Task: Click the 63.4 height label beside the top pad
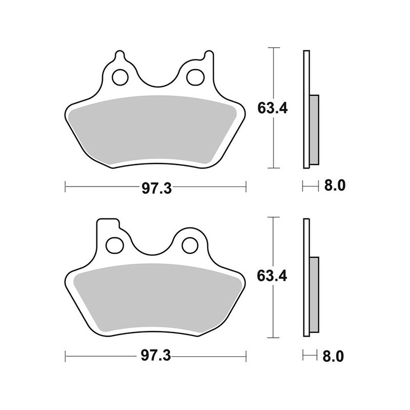[272, 108]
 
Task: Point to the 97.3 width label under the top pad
[156, 188]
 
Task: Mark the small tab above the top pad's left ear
[119, 54]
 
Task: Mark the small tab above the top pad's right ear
[208, 54]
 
